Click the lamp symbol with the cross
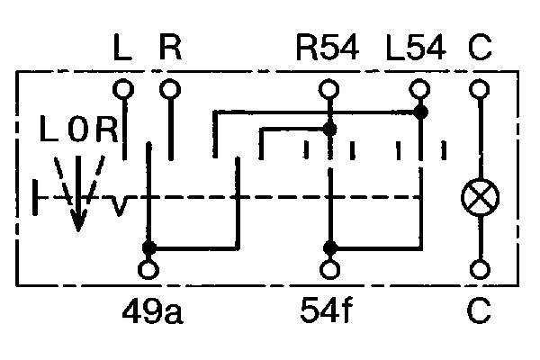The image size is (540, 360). point(480,197)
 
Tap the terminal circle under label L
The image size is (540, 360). point(123,88)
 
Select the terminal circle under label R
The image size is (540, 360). point(170,88)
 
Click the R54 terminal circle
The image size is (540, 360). point(328,88)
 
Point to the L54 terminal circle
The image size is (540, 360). point(419,88)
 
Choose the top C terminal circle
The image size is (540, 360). point(480,88)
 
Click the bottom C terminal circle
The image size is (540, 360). point(480,270)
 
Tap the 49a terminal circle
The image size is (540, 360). point(148,270)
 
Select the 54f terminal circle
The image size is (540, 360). point(330,270)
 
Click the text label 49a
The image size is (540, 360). point(153,311)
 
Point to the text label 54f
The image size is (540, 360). point(326,310)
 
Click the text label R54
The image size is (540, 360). point(328,48)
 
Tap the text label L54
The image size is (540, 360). point(416,48)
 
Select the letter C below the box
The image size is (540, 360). point(479,310)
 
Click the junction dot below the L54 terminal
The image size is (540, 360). point(420,112)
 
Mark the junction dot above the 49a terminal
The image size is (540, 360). point(149,247)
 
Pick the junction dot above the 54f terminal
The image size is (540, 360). point(330,247)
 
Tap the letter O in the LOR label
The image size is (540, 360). point(78,130)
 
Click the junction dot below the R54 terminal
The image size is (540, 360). point(329,130)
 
